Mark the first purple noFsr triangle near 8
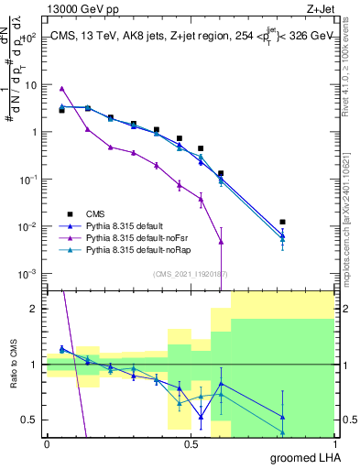click(x=61, y=89)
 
